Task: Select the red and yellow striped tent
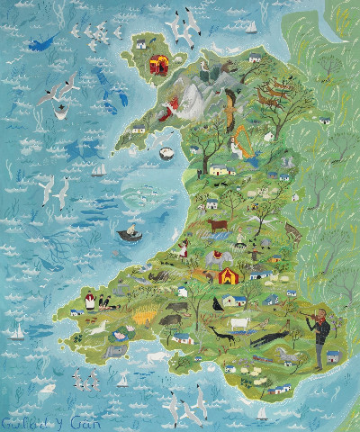229,274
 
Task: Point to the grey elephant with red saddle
213,260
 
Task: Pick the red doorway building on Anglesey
161,66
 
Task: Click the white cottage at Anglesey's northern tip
142,42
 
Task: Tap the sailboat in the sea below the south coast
262,414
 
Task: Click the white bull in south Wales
239,323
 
